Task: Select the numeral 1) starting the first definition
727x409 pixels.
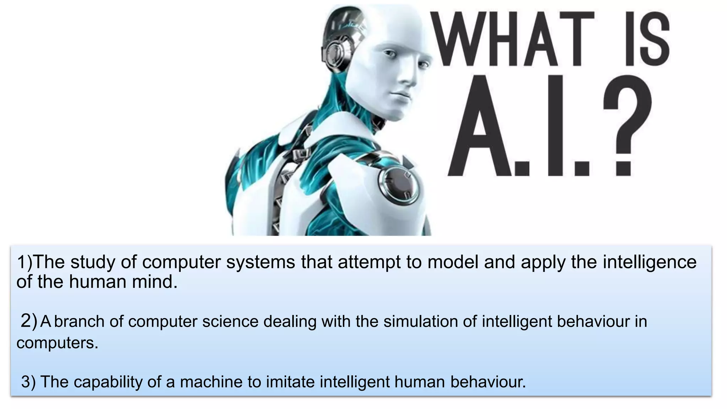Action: tap(24, 262)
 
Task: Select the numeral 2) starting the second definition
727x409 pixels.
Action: tap(29, 321)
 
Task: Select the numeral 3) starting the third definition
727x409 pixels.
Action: tap(28, 382)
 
